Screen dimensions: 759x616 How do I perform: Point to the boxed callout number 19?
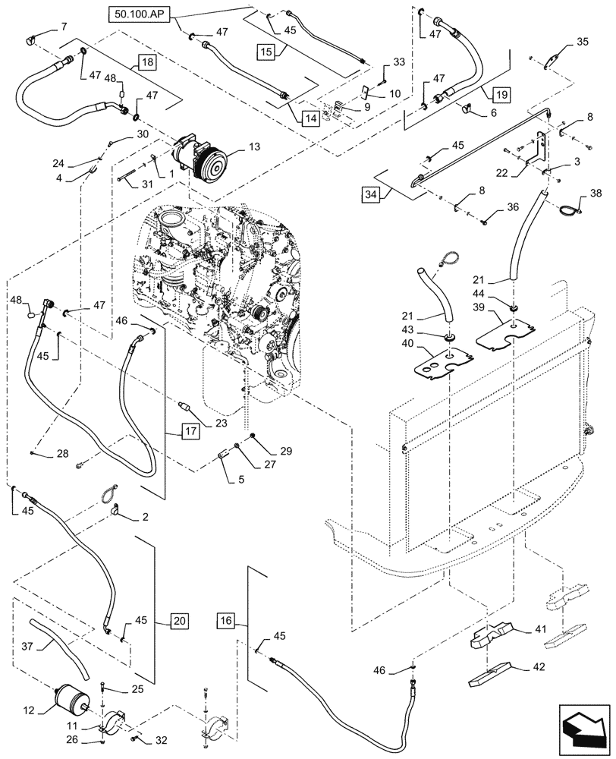[x=500, y=95]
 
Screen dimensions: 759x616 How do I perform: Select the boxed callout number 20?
[x=177, y=620]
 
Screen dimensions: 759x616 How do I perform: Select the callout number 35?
[x=582, y=42]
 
